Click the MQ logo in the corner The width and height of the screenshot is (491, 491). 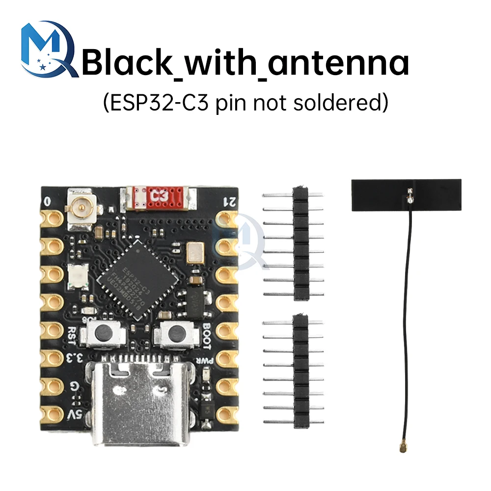pyautogui.click(x=48, y=49)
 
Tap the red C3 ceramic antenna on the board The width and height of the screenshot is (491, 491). pyautogui.click(x=158, y=196)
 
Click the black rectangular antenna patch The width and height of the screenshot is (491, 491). pyautogui.click(x=407, y=194)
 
